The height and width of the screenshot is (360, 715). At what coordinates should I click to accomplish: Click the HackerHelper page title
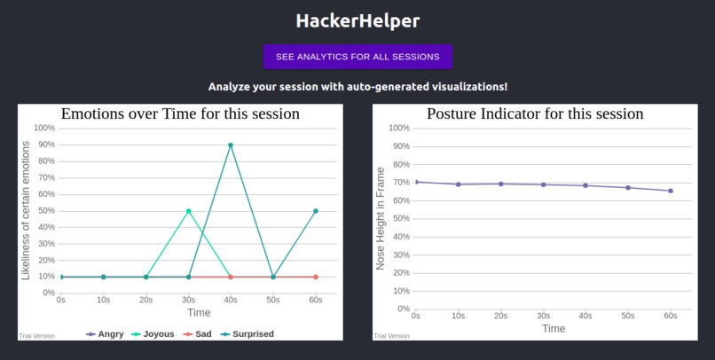click(357, 20)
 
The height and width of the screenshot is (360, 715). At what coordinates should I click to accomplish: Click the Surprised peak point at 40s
click(231, 145)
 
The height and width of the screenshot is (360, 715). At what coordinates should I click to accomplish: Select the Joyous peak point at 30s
click(188, 211)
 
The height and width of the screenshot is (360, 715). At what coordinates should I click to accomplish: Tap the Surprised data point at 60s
click(316, 211)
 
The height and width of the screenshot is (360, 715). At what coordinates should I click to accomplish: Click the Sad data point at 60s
click(316, 277)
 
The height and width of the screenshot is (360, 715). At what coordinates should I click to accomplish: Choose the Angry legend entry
click(105, 334)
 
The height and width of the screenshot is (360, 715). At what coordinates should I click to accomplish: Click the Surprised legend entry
click(247, 334)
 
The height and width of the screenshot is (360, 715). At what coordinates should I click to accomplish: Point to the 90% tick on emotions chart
click(44, 145)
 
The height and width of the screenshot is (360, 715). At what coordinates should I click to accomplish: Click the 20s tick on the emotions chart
click(145, 301)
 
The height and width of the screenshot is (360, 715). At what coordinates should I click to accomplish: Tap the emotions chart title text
click(180, 113)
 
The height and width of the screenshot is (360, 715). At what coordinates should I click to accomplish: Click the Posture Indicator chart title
click(535, 113)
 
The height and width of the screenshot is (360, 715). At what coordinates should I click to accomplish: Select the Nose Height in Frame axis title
click(381, 218)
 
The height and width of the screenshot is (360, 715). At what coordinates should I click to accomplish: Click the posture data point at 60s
click(671, 191)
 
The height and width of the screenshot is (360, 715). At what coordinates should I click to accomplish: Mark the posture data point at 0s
click(416, 182)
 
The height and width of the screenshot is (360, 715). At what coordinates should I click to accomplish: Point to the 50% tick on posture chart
click(399, 218)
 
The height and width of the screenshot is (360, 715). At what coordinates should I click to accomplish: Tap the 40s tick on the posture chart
click(585, 316)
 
